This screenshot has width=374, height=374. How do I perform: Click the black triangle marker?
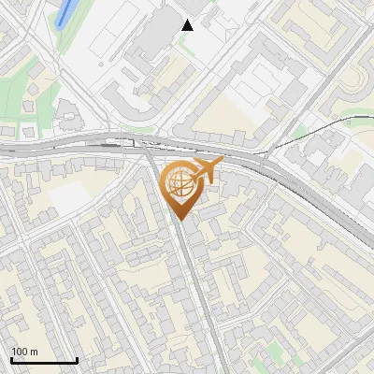coord(188,24)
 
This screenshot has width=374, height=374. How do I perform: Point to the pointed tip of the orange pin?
coord(179,219)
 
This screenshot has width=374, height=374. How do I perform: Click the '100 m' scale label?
coord(24,352)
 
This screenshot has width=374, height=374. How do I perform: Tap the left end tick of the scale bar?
coord(11,359)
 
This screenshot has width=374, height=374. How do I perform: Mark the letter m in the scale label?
coord(35,352)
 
